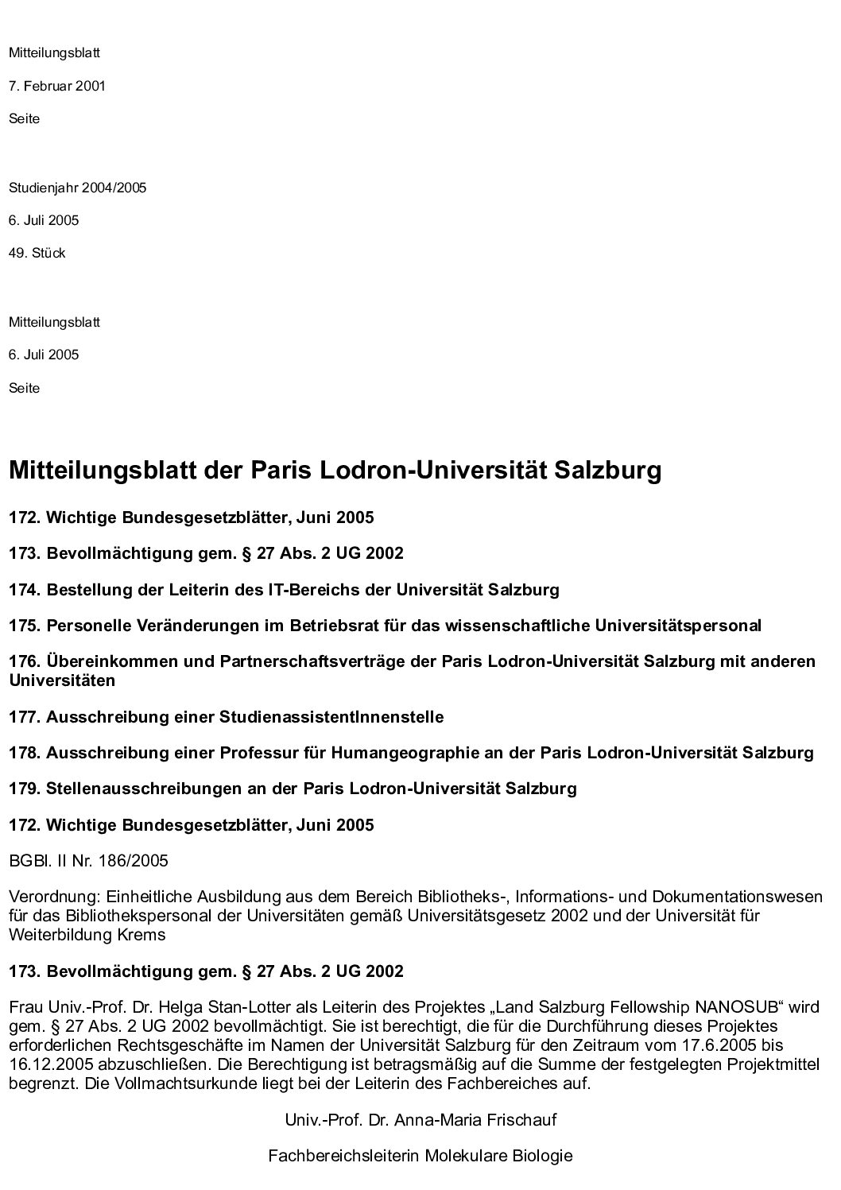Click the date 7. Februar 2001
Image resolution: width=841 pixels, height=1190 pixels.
(x=57, y=86)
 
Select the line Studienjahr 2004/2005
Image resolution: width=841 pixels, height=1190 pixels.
(x=77, y=188)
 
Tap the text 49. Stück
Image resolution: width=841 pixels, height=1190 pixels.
(x=37, y=254)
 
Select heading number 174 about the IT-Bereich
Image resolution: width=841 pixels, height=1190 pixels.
(x=284, y=590)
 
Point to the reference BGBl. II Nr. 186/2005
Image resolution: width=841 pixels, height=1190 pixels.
(x=88, y=861)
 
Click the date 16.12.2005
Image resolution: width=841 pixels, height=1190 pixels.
(x=45, y=1063)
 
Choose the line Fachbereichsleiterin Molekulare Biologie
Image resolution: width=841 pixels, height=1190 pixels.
(x=420, y=1156)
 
